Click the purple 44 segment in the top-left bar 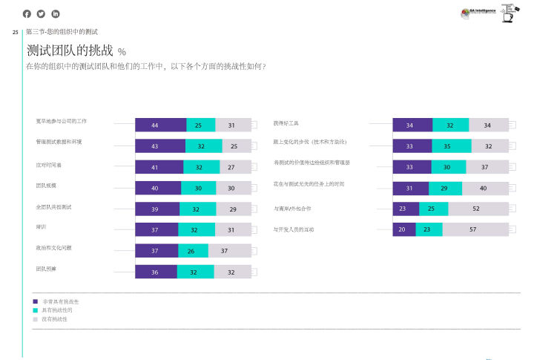pyautogui.click(x=160, y=125)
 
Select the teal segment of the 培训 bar pyautogui.click(x=194, y=230)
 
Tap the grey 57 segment pyautogui.click(x=472, y=230)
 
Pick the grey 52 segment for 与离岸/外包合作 pyautogui.click(x=475, y=209)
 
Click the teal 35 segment pyautogui.click(x=447, y=146)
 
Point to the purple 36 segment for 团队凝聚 pyautogui.click(x=156, y=272)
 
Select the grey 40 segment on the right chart pyautogui.click(x=484, y=189)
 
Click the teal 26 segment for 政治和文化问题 pyautogui.click(x=193, y=251)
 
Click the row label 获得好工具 pyautogui.click(x=286, y=122)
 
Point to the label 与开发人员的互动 pyautogui.click(x=294, y=229)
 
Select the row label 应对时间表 pyautogui.click(x=48, y=164)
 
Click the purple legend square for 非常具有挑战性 pyautogui.click(x=35, y=301)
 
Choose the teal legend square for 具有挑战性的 pyautogui.click(x=35, y=310)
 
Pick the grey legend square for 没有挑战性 pyautogui.click(x=35, y=318)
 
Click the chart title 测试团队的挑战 pyautogui.click(x=70, y=51)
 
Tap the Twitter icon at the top pyautogui.click(x=41, y=13)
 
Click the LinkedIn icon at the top pyautogui.click(x=56, y=13)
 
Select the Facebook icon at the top pyautogui.click(x=27, y=13)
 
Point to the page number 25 pyautogui.click(x=15, y=32)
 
